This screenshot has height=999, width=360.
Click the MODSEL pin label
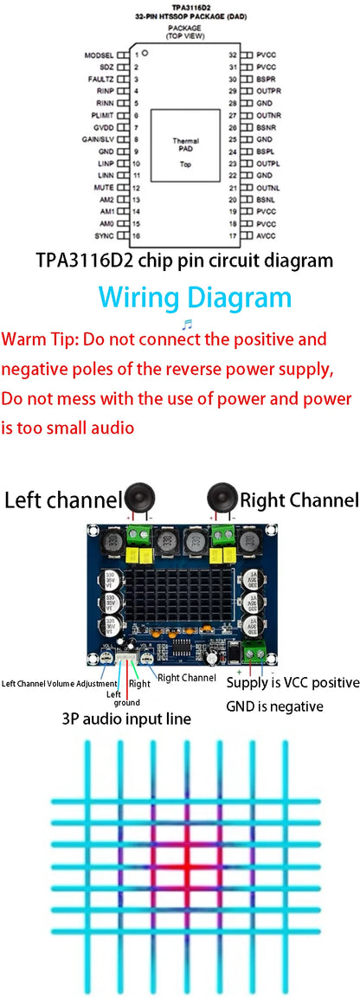point(99,55)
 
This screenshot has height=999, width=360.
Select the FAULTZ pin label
point(100,79)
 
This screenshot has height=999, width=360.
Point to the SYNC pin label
point(104,235)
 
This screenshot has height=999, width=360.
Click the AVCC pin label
point(266,235)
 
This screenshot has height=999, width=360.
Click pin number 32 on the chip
point(232,55)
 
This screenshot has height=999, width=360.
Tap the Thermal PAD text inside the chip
point(185,145)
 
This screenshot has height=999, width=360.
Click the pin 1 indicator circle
point(146,54)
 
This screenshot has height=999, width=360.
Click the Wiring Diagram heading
point(195,297)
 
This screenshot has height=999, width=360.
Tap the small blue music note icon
point(187,323)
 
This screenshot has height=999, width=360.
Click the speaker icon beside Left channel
point(139,499)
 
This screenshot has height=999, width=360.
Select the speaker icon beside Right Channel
point(222,499)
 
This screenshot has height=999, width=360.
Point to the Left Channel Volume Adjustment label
point(59,684)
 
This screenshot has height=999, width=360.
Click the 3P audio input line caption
point(126,719)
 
